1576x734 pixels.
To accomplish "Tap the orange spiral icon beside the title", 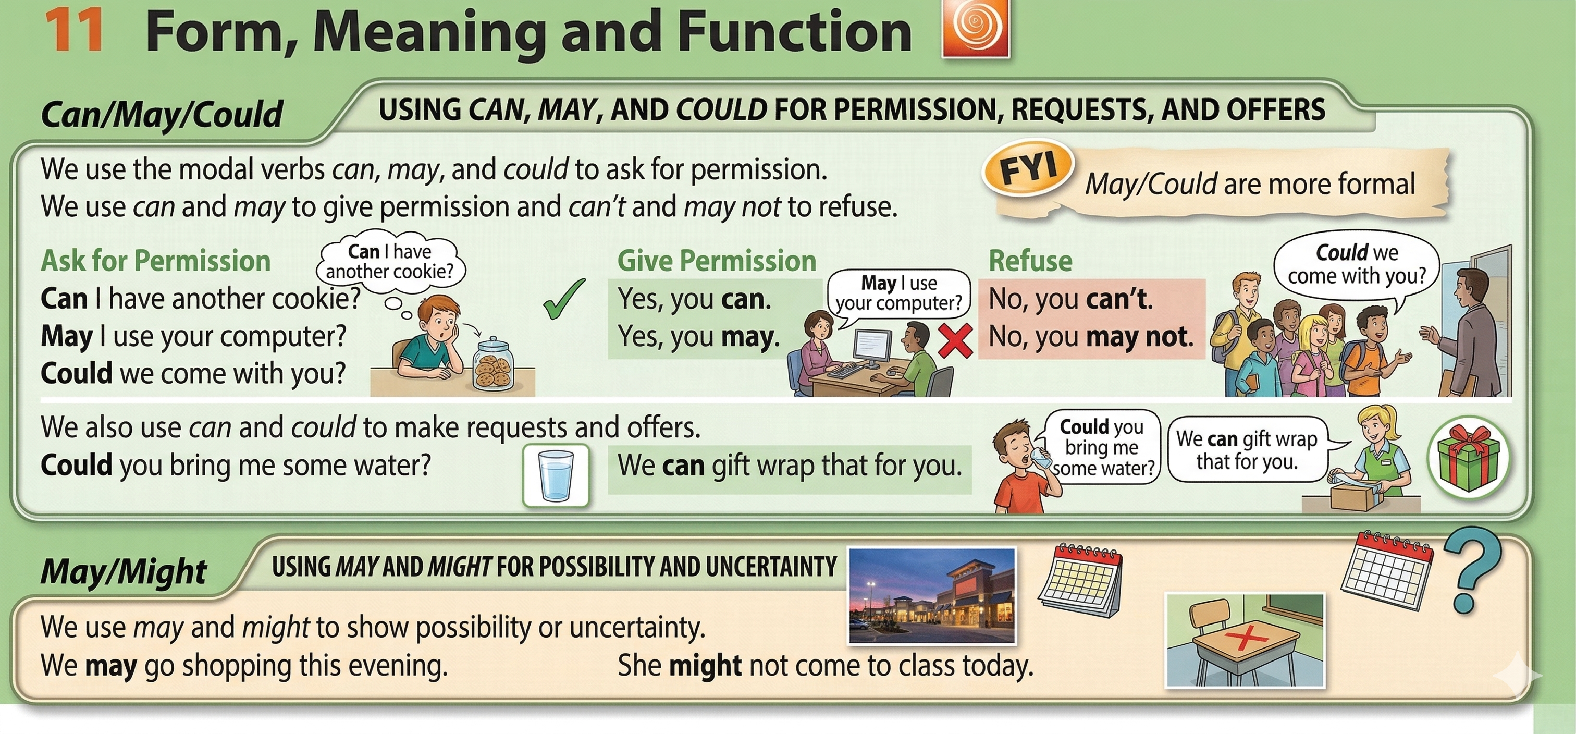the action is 976,28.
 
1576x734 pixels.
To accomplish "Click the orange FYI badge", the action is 1028,168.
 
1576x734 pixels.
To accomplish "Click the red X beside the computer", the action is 955,340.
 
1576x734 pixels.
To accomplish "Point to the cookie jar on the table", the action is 493,363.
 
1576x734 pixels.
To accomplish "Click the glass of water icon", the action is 556,475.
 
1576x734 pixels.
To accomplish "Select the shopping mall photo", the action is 932,595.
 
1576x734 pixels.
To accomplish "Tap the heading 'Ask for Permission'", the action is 155,261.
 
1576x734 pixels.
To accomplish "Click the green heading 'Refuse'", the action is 1030,261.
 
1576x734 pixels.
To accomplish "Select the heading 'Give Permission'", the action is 717,261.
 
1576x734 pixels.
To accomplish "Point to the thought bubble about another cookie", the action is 390,263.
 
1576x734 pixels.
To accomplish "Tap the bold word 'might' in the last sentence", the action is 706,665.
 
